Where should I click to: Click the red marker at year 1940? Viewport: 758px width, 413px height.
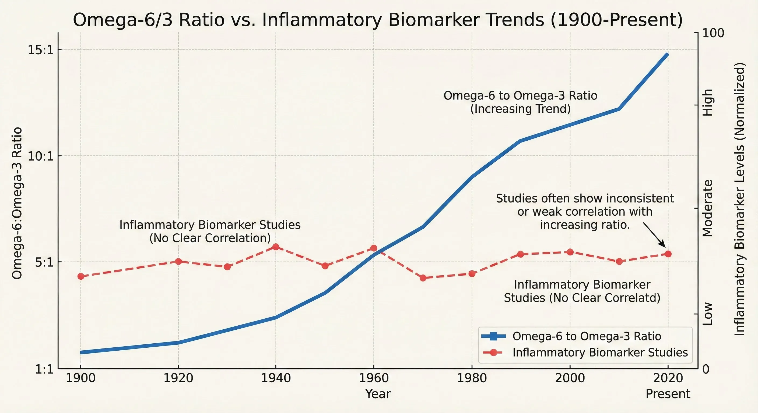tap(276, 247)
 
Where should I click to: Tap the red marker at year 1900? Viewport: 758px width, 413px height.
tap(81, 276)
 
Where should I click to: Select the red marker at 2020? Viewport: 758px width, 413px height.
tap(668, 254)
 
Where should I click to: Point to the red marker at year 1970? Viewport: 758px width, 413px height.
tap(423, 278)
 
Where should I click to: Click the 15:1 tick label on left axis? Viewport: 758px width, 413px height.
tap(41, 50)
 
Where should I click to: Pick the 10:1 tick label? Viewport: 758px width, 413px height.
tap(41, 156)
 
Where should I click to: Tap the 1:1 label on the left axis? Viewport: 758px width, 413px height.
tap(44, 369)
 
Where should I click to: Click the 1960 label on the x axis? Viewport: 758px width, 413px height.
tap(374, 378)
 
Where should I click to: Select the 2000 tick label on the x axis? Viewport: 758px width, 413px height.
tap(570, 378)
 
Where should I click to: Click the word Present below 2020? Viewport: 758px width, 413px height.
tap(668, 394)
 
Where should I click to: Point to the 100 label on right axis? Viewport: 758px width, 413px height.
tap(713, 33)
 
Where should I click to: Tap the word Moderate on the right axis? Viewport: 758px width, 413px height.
tap(708, 208)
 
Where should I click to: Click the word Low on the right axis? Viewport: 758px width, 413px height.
tap(708, 314)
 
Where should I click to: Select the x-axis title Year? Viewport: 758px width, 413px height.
tap(378, 394)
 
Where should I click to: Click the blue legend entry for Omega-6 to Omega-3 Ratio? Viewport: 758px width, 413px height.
tap(587, 336)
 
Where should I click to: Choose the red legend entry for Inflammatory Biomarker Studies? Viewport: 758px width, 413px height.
tap(600, 352)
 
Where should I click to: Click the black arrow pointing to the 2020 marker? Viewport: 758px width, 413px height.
tap(654, 235)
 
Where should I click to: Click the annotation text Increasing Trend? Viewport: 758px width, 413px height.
tap(520, 109)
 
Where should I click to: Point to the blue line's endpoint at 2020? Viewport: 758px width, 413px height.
tap(667, 55)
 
